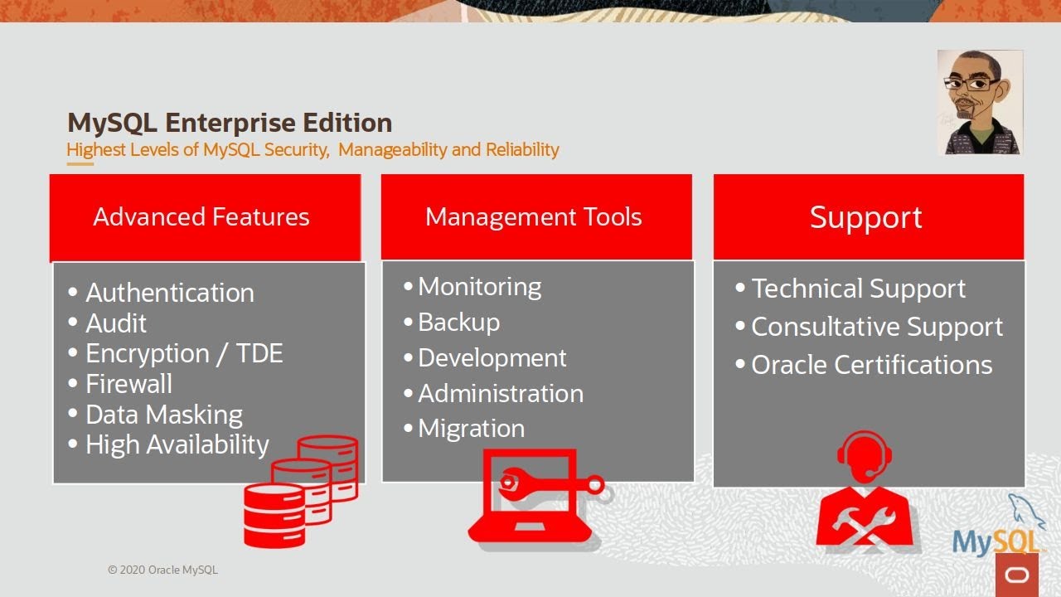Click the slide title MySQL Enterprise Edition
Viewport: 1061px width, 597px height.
tap(230, 123)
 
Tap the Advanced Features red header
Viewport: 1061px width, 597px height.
tap(201, 217)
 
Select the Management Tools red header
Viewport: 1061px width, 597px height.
tap(534, 217)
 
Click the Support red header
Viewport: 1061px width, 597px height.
tap(866, 217)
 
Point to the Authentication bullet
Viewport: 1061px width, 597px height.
tap(169, 293)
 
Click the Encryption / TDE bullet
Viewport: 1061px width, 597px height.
tap(183, 354)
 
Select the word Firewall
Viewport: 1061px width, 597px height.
tap(129, 384)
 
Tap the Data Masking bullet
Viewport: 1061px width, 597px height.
tap(163, 415)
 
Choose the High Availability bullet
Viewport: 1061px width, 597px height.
tap(177, 445)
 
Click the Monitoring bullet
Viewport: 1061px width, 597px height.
tap(479, 287)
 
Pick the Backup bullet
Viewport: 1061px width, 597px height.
tap(458, 323)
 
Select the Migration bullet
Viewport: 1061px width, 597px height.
tap(471, 429)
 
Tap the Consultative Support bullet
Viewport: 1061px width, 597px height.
tap(876, 327)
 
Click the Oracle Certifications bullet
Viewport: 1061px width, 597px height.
tap(871, 365)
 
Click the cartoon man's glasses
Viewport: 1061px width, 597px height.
tap(971, 84)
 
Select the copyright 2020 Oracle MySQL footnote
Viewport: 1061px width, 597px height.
tap(162, 570)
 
